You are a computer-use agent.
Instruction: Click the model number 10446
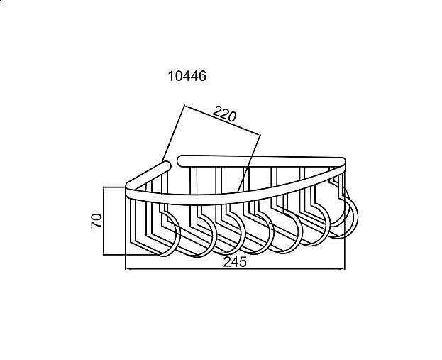187,76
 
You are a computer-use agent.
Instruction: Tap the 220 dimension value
224,114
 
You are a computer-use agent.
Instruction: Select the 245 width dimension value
235,262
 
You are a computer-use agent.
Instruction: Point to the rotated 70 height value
96,221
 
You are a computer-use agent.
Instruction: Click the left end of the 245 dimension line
126,269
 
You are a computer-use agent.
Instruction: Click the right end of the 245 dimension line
345,269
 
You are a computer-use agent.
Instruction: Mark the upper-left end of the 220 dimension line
184,106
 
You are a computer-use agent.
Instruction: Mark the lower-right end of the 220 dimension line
260,135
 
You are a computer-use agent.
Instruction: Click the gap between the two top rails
175,163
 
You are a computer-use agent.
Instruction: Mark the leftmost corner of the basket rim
127,186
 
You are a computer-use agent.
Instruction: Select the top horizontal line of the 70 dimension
114,187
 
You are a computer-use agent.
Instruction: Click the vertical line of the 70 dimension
104,221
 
